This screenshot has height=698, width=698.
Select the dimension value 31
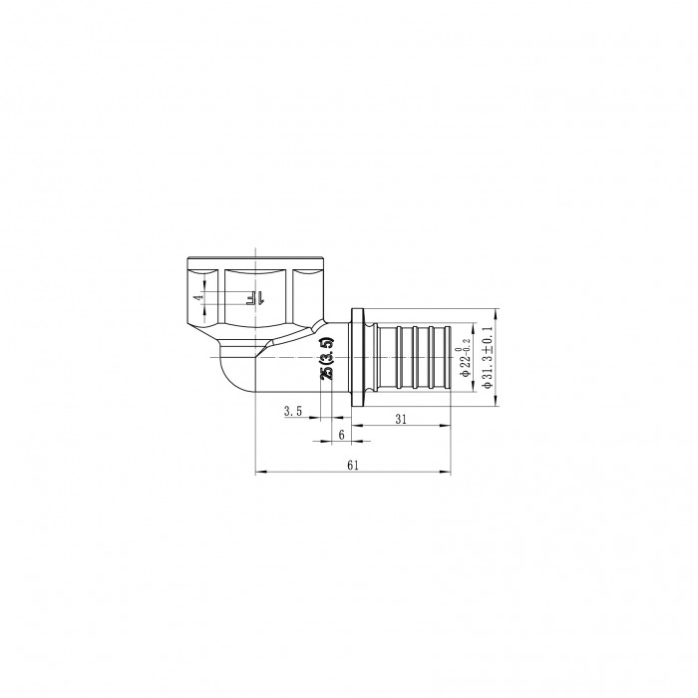[x=400, y=420]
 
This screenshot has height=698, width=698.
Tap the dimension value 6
[x=342, y=435]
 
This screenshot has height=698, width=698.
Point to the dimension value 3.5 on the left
[x=292, y=411]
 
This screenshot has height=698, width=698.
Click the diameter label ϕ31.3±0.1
[x=488, y=355]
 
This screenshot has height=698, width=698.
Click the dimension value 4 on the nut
[x=198, y=297]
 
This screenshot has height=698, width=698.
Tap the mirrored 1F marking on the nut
[x=253, y=297]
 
